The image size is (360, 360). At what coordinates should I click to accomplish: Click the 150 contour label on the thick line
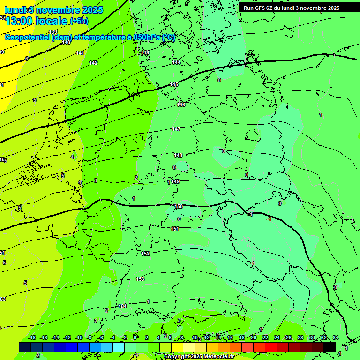[179, 206]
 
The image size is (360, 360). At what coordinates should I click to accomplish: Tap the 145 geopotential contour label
[174, 84]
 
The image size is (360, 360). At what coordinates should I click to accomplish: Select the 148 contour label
[178, 155]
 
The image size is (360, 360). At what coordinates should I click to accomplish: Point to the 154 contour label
[122, 306]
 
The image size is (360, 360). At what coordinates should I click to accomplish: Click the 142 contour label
[93, 63]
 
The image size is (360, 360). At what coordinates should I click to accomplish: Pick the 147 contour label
[176, 129]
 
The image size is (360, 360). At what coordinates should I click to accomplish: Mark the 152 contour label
[145, 254]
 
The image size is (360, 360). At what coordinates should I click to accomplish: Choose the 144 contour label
[176, 62]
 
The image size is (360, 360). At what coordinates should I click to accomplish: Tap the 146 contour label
[181, 105]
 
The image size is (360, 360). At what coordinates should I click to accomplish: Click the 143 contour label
[145, 52]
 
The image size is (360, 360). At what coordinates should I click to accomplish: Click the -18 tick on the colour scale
[32, 337]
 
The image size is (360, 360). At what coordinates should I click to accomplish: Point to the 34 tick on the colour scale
[336, 337]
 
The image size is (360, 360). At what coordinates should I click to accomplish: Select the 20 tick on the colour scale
[253, 337]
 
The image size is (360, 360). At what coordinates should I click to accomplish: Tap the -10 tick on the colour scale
[79, 337]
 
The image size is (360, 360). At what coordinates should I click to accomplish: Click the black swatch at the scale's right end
[330, 347]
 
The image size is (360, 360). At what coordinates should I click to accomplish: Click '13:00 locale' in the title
[36, 21]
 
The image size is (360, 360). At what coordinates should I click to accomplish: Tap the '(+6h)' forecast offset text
[79, 21]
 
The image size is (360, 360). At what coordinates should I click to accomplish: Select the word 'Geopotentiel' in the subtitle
[28, 37]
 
